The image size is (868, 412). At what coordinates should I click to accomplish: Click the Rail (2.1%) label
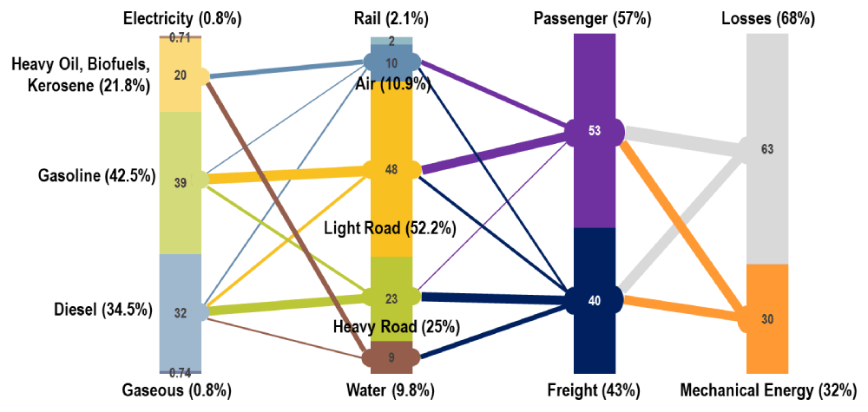tap(391, 18)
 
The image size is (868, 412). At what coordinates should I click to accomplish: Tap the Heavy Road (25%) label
tap(396, 327)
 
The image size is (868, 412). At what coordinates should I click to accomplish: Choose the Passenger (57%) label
tap(595, 18)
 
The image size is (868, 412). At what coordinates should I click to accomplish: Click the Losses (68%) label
tap(766, 18)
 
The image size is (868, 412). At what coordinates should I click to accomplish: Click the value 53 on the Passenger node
tap(595, 131)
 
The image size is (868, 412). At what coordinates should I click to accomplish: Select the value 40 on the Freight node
tap(595, 301)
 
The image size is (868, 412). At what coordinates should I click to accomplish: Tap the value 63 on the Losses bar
tap(766, 149)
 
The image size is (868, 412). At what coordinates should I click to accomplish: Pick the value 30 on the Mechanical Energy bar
tap(766, 319)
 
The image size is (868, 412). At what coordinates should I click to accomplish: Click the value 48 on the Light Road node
tap(391, 170)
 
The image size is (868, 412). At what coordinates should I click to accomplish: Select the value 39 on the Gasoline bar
tap(181, 182)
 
